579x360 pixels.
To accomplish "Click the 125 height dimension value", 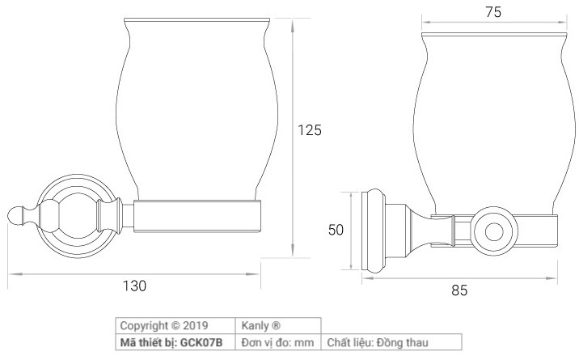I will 310,129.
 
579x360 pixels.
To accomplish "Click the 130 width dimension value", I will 134,286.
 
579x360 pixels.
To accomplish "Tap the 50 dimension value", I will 336,230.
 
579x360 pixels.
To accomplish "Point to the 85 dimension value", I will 459,290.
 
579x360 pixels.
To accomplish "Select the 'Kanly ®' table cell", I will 260,326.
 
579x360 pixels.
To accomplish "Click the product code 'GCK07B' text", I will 205,342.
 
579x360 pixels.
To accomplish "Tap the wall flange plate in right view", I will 374,231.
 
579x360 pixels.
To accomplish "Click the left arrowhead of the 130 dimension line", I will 10,273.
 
